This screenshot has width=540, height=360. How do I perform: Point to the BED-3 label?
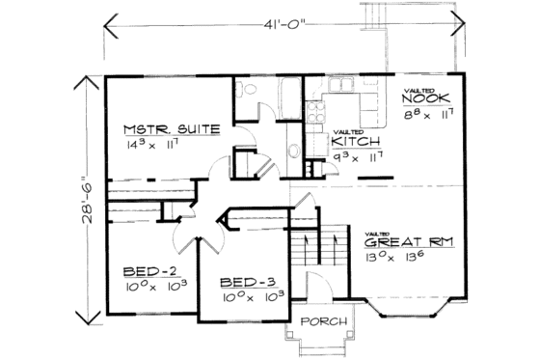pyautogui.click(x=247, y=282)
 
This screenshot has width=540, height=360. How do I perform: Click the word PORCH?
pyautogui.click(x=317, y=320)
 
